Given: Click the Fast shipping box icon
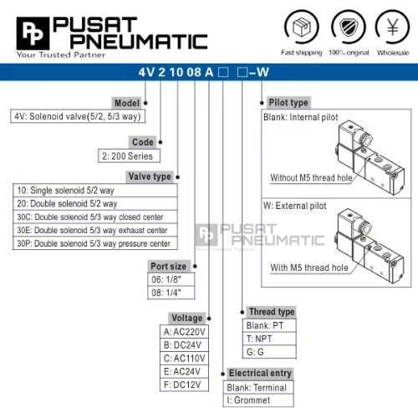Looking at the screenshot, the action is [302, 27].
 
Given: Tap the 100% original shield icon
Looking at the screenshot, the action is [349, 27].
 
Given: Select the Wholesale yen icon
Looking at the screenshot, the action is [393, 27].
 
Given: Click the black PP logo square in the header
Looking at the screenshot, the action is [33, 33].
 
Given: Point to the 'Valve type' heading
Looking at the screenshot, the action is [150, 176].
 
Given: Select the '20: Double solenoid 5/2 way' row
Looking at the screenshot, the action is [95, 204].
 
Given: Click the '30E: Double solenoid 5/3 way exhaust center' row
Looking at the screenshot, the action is [95, 230].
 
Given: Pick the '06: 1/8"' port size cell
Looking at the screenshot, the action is [171, 279].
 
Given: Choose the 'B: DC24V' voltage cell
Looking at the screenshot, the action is [184, 345].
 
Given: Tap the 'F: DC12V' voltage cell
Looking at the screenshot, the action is [184, 385].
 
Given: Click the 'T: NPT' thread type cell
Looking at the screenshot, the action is [269, 339].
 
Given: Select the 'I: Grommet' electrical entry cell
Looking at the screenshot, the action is [258, 400].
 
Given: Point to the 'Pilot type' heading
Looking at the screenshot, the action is [288, 103].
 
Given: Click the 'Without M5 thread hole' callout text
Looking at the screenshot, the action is [311, 178].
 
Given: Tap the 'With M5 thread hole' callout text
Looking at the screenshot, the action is [309, 268].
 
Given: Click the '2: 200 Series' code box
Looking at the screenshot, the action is [129, 156].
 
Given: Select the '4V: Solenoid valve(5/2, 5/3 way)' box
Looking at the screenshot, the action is [78, 116].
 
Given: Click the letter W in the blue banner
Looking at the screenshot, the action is [263, 72].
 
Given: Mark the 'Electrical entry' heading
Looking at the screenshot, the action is [260, 373].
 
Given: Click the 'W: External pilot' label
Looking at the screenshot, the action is [295, 206].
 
